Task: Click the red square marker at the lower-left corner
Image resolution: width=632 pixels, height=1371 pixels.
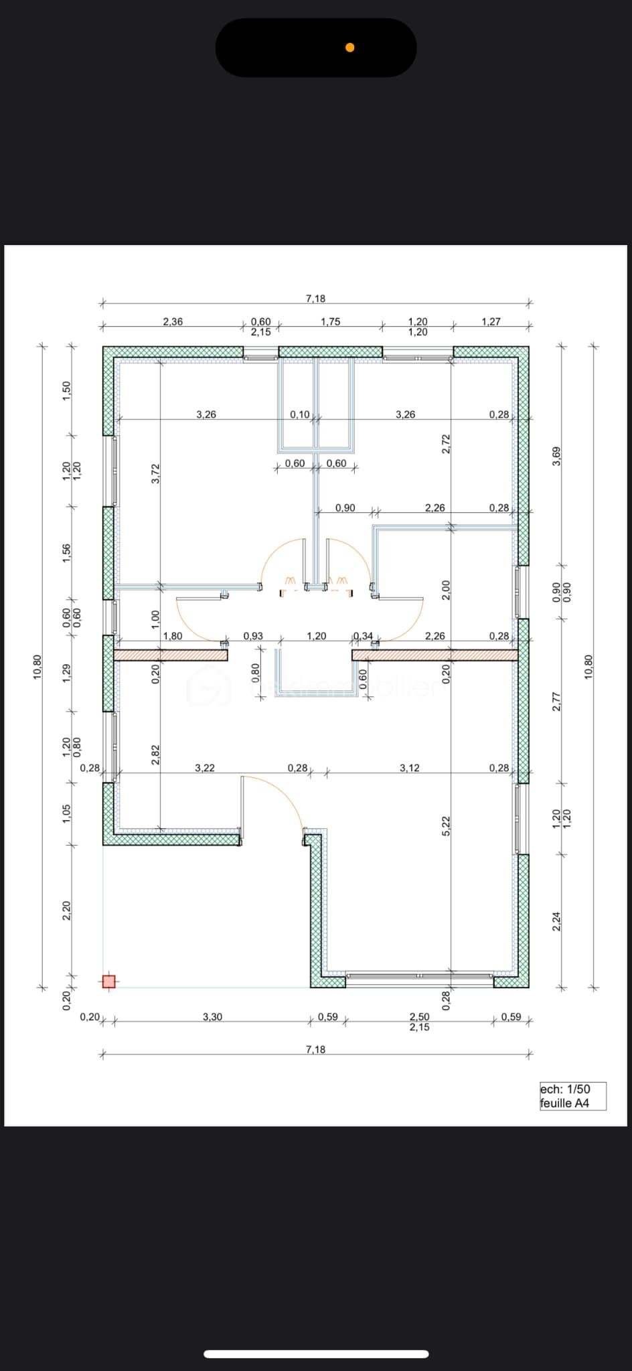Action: pos(108,981)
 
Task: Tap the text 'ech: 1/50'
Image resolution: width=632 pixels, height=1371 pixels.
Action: pos(565,1089)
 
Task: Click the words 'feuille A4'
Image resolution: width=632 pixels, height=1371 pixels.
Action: pos(564,1103)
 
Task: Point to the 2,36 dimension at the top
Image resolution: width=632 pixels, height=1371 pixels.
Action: pos(173,321)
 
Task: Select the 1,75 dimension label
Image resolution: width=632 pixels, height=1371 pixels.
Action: pos(330,321)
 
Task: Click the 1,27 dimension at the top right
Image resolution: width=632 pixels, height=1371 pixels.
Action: pos(491,321)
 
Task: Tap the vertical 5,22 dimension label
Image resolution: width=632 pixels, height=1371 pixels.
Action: pos(447,825)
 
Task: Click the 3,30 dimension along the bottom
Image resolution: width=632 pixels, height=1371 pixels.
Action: pos(212,1016)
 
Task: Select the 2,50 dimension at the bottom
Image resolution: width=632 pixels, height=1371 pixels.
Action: pos(419,1016)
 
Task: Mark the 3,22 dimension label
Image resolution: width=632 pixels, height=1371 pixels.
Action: pos(205,768)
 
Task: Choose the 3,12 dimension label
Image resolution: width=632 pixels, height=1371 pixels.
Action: pos(409,768)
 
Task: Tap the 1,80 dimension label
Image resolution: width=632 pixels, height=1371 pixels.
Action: pos(173,636)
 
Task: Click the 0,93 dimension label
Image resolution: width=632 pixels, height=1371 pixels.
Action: pos(253,636)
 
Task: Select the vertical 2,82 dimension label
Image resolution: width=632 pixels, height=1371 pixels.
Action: pos(155,754)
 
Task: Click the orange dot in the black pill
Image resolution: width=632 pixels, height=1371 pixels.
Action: pos(349,47)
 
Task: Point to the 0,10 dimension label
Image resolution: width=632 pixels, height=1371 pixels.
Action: pos(299,414)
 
